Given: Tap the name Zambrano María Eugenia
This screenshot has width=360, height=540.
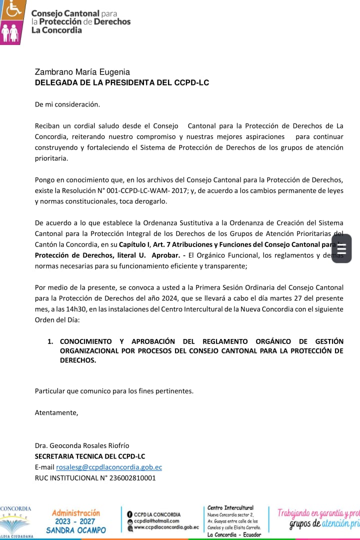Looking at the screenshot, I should (82, 72).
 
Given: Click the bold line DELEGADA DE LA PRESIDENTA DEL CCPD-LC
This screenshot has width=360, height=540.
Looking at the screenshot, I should (121, 83).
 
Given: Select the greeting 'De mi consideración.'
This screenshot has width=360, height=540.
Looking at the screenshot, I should (67, 104).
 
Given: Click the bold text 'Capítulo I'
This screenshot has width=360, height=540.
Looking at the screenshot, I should (135, 244).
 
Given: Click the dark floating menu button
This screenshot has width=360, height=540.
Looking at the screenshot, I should (341, 248).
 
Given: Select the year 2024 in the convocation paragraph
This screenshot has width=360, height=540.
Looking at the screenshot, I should (166, 298).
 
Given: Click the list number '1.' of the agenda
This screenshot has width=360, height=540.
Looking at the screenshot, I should (50, 341).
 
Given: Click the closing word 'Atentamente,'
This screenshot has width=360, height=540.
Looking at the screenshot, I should (56, 412).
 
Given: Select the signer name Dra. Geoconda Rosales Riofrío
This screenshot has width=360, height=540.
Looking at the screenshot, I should (82, 445).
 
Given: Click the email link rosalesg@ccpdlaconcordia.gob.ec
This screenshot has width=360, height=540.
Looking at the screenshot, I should (109, 467).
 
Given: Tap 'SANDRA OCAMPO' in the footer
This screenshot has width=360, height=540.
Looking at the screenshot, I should (76, 530).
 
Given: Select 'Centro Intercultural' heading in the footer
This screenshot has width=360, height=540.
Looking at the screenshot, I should (230, 507).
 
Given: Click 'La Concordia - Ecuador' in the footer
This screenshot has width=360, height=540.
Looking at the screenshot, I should (234, 534).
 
